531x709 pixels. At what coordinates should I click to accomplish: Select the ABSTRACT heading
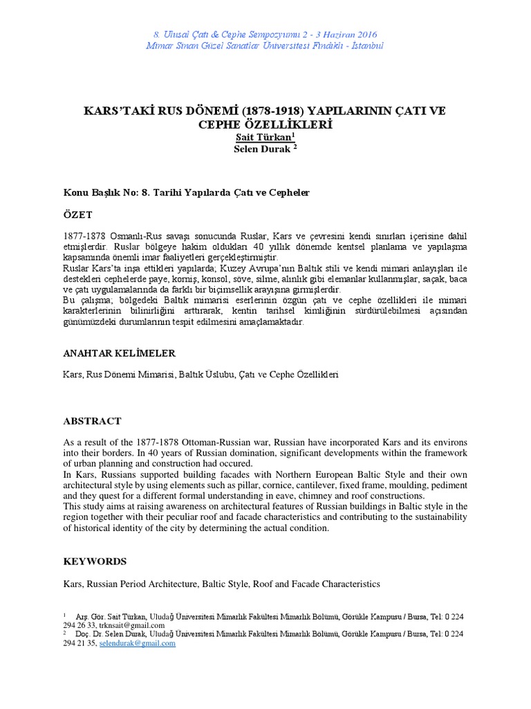pos(92,421)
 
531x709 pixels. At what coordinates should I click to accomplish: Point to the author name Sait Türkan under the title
pos(265,138)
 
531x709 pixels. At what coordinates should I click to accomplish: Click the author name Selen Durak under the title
pos(265,149)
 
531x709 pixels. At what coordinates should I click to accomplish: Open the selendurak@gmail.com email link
pos(138,643)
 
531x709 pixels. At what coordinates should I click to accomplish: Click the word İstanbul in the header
pos(365,46)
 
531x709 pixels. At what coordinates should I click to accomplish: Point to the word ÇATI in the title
pos(410,111)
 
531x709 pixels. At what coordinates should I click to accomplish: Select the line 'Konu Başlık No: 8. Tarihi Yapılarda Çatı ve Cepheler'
pos(186,192)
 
